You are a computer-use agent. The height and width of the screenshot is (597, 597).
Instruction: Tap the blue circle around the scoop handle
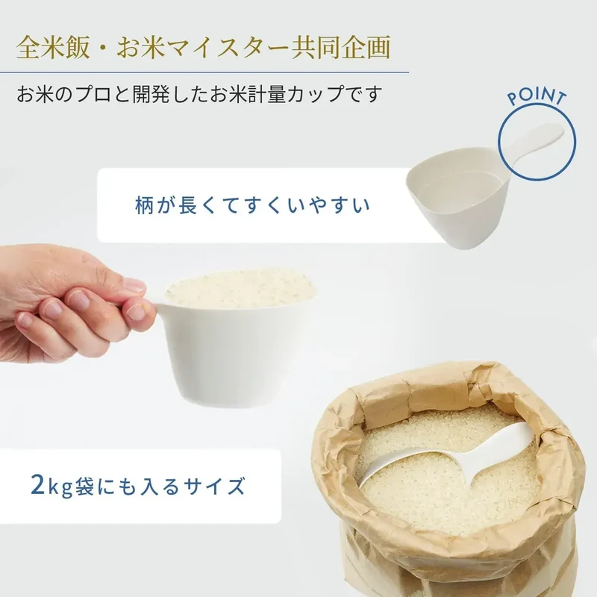[499, 142]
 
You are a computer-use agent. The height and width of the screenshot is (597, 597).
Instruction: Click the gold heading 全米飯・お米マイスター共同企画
[204, 48]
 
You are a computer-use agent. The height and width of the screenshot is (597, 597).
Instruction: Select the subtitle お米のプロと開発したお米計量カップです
[199, 94]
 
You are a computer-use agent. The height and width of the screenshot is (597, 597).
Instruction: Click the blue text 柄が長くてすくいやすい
[252, 205]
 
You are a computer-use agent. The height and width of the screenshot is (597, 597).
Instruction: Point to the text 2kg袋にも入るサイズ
[137, 487]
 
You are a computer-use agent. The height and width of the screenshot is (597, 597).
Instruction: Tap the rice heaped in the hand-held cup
[240, 289]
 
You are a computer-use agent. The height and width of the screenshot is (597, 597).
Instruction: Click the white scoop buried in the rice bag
[449, 457]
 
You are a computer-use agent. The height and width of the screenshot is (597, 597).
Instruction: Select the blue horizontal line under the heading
[204, 72]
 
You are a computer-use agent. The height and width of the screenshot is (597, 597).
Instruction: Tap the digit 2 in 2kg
[38, 486]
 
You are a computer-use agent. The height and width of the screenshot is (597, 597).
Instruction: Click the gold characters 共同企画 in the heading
[341, 48]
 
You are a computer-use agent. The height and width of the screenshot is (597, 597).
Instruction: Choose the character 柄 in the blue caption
[145, 205]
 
